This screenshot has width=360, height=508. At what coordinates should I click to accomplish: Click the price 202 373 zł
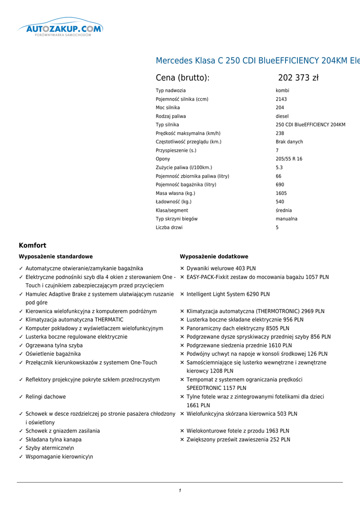point(298,78)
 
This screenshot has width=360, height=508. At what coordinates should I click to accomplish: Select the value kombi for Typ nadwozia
point(283,91)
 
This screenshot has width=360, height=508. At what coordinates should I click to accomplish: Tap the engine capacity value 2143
point(282,99)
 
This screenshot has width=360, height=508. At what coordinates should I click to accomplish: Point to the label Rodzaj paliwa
point(171,116)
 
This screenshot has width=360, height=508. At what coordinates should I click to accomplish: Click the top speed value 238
point(280,133)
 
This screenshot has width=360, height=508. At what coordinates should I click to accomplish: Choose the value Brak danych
point(289,142)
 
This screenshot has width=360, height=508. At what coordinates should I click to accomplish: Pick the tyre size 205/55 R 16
point(289,159)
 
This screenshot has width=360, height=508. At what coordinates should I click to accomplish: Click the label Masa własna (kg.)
point(175,193)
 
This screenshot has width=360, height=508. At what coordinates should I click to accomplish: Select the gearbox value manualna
point(287,219)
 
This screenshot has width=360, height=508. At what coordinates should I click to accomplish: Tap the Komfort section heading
point(33,246)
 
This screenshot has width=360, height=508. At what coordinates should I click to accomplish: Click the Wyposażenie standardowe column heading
point(56,257)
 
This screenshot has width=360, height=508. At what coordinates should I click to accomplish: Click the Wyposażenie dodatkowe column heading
point(214,257)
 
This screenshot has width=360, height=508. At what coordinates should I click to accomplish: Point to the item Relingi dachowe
point(46,397)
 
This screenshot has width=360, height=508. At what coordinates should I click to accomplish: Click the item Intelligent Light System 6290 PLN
point(228,294)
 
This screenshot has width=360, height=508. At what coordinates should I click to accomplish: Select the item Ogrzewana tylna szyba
point(54,345)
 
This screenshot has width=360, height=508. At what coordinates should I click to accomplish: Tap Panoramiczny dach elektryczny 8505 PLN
point(238,328)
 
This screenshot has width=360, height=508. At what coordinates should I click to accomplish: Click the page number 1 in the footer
point(180,491)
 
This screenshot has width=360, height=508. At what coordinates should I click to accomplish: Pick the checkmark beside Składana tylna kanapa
point(21,440)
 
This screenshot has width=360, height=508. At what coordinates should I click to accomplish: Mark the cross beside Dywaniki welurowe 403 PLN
point(182,268)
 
